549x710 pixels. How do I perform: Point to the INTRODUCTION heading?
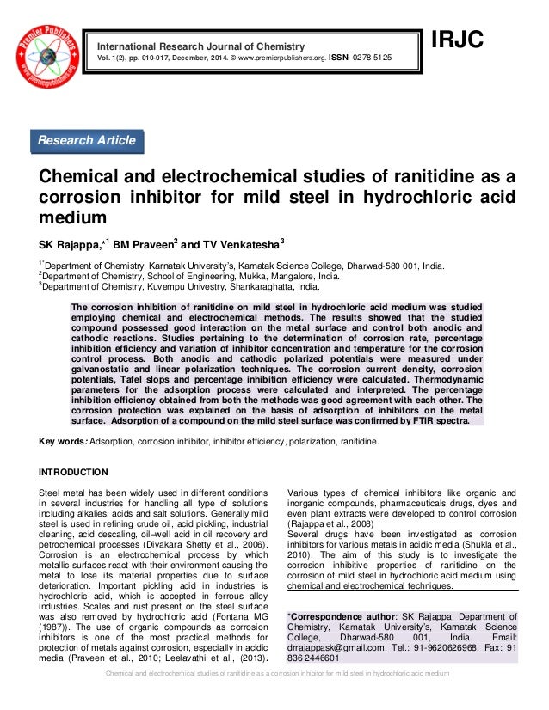click(x=73, y=472)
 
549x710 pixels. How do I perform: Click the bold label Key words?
click(x=62, y=442)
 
